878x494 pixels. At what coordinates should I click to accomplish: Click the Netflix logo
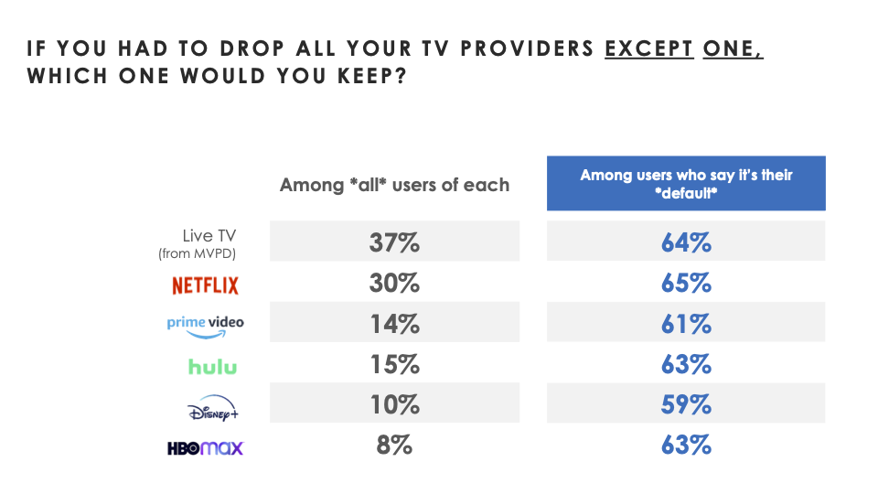pos(205,285)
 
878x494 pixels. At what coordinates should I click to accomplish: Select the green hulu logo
pos(212,367)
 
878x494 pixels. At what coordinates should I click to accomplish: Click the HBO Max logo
pos(205,448)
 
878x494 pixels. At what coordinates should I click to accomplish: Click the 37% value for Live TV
pos(394,243)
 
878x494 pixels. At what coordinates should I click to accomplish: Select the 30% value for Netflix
pos(394,284)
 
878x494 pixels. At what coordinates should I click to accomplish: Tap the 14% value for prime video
pos(394,324)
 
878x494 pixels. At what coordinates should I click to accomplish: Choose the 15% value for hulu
pos(394,365)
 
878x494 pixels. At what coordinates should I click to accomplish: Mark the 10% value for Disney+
pos(394,405)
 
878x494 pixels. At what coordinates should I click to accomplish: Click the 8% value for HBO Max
pos(394,446)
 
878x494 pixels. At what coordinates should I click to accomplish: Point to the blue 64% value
pos(686,243)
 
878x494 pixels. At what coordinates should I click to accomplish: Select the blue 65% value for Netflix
pos(686,284)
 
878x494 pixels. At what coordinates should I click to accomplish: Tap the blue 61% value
pos(686,324)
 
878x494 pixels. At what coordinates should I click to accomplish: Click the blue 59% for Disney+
pos(686,405)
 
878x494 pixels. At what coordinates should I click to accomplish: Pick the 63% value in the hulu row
pos(686,365)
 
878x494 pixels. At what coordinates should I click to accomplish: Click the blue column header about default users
pos(686,183)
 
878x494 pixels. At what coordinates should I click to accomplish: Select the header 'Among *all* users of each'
pos(394,185)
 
